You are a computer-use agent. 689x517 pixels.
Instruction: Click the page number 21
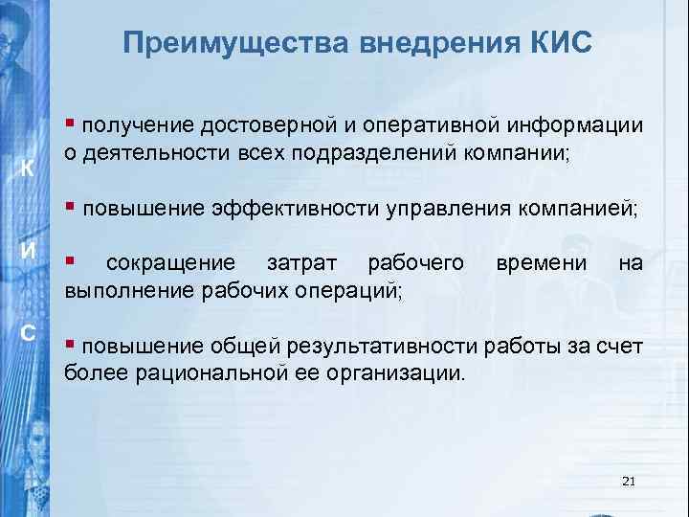point(628,481)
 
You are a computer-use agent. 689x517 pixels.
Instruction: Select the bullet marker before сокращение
point(70,263)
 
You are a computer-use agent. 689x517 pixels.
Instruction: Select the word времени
point(540,263)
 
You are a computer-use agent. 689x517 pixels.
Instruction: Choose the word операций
point(345,290)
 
